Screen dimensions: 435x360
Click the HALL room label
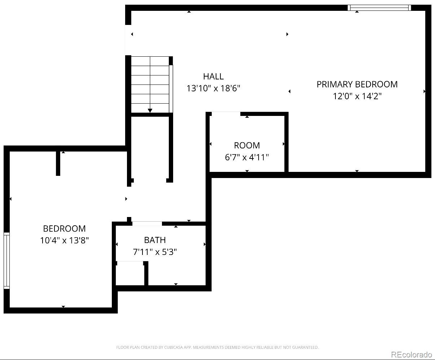click(x=213, y=77)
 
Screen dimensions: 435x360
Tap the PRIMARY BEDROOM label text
click(x=357, y=84)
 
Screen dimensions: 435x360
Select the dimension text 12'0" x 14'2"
click(x=357, y=96)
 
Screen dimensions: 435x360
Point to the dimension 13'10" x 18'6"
click(x=213, y=88)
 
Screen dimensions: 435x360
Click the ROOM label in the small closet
click(x=247, y=146)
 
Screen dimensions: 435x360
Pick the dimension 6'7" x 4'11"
click(x=247, y=157)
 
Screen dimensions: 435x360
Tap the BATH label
click(x=155, y=240)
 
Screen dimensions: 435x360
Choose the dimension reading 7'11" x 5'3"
click(x=155, y=252)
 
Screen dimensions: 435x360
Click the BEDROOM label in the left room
click(x=64, y=229)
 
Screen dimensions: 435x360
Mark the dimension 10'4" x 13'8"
click(x=64, y=240)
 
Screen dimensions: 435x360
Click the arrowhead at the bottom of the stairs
click(x=150, y=110)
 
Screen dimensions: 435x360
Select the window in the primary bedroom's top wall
click(x=379, y=8)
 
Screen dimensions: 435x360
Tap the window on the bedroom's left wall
click(x=6, y=260)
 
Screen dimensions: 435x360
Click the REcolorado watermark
click(x=412, y=355)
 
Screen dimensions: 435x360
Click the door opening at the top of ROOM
click(x=226, y=114)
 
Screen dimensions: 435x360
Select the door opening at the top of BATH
click(x=147, y=224)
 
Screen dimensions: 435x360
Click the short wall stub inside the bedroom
click(x=58, y=163)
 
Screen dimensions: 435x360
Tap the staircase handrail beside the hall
click(x=171, y=89)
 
